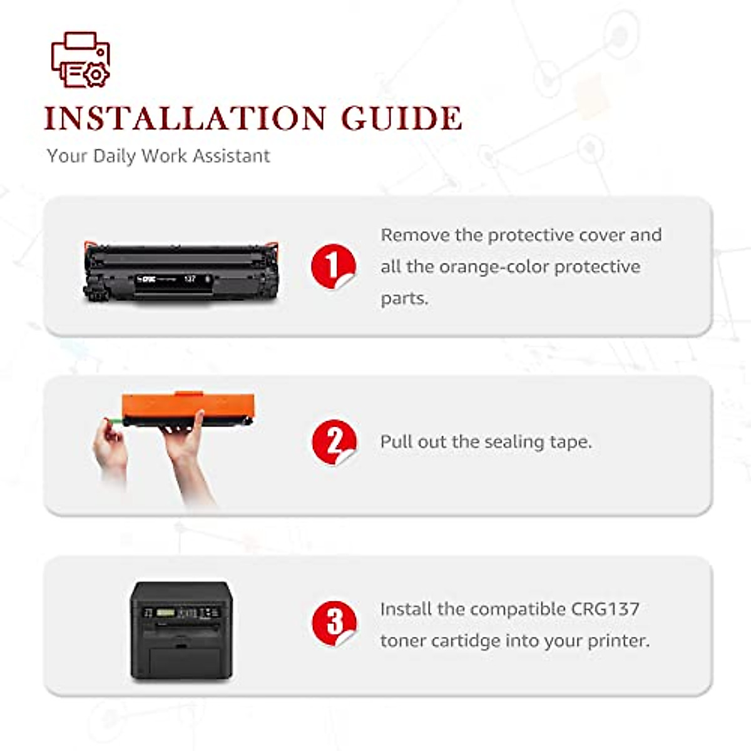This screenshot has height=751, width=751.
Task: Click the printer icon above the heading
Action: point(80,59)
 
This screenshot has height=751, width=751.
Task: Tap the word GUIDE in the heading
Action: point(401,118)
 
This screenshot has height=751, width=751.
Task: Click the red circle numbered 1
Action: point(333,266)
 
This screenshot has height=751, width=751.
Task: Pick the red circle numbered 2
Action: point(334,442)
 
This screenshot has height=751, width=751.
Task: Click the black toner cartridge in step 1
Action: point(181,273)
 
